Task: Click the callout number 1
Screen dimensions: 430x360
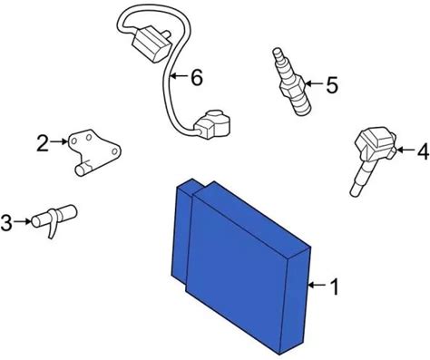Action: click(334, 287)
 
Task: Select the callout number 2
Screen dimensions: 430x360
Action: click(43, 143)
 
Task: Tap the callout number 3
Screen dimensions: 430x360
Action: click(6, 223)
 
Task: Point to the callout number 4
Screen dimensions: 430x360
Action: click(423, 151)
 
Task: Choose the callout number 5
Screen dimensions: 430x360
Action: click(332, 85)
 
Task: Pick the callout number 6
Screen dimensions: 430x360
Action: click(197, 78)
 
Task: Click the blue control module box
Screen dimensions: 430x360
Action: click(241, 266)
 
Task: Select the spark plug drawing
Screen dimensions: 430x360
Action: click(291, 81)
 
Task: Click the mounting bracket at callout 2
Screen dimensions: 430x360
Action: click(93, 151)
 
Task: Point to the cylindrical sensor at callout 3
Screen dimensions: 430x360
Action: click(54, 219)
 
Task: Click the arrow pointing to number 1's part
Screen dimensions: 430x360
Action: click(318, 285)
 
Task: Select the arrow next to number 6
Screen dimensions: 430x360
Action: click(180, 76)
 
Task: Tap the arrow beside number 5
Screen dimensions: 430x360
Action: click(314, 83)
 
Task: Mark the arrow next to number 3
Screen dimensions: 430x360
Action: click(23, 221)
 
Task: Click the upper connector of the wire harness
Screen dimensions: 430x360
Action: click(151, 44)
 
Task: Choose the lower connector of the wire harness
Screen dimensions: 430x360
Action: click(212, 124)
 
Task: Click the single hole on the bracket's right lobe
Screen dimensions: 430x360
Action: click(114, 151)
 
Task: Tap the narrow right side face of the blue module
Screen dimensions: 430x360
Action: click(295, 301)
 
